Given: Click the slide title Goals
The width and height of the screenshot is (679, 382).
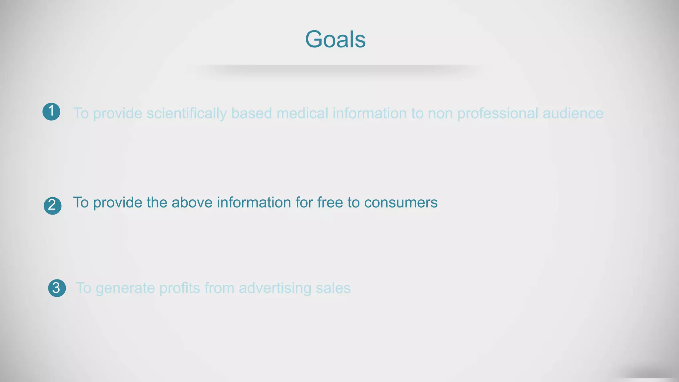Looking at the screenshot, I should tap(335, 39).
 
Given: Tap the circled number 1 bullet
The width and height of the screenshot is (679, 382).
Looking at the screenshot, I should tap(51, 111).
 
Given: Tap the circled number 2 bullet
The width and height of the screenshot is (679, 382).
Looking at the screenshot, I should tap(52, 206).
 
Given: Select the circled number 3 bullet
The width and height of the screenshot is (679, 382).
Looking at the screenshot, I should tap(57, 288).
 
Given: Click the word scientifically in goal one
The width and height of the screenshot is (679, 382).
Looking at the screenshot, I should tap(187, 113).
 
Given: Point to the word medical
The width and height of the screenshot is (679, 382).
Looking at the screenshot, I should tap(302, 113).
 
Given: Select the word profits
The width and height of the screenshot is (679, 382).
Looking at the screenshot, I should tap(179, 288).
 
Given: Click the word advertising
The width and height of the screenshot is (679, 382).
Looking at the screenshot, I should tap(275, 288).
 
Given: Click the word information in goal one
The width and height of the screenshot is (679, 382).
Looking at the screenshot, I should tap(369, 113).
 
